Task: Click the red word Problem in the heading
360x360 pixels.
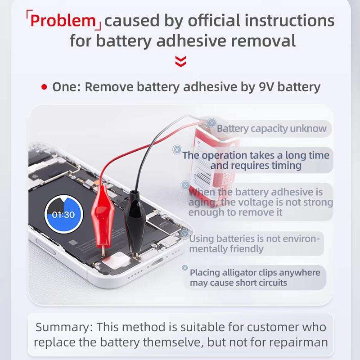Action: (x=63, y=21)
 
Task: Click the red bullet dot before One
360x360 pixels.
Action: (x=44, y=87)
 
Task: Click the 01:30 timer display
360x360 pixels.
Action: (x=63, y=215)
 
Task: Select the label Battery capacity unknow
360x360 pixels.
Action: (x=271, y=129)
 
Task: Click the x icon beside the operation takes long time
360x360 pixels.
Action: (x=177, y=149)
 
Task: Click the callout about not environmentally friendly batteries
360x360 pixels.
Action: (x=255, y=243)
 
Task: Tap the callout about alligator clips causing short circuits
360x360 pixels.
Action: (x=255, y=278)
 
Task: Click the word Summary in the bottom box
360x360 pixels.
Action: (x=63, y=327)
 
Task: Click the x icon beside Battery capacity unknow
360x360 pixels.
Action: (x=212, y=122)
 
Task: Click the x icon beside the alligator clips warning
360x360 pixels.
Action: (x=184, y=268)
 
